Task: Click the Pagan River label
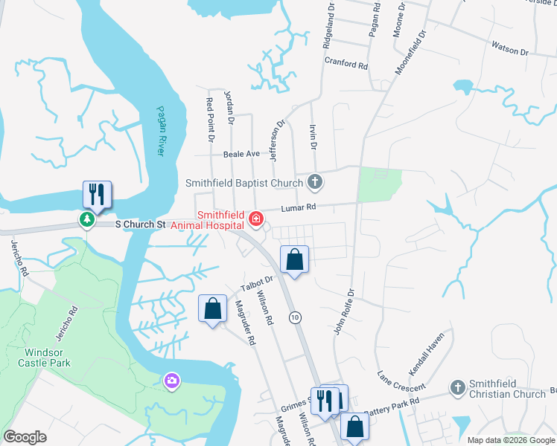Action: (x=160, y=131)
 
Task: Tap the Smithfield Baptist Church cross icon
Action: (x=315, y=182)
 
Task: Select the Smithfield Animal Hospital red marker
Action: (x=256, y=218)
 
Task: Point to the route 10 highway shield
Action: (x=296, y=317)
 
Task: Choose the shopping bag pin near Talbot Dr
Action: (x=213, y=308)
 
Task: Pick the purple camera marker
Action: (x=172, y=381)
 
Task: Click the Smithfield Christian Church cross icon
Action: (x=457, y=387)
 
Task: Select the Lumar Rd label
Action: (x=299, y=208)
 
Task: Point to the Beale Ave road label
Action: (x=241, y=154)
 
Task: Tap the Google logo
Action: (x=25, y=437)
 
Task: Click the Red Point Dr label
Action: (x=210, y=119)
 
